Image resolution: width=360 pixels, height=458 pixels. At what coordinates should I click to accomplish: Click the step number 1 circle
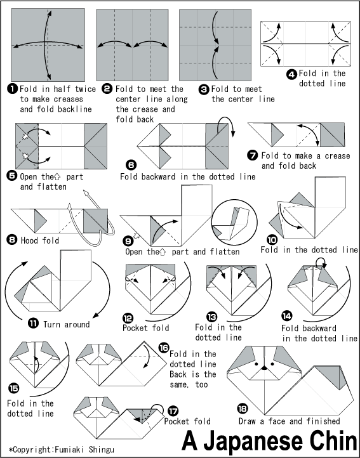[13, 89]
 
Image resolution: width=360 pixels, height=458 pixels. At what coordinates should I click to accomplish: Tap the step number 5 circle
[13, 176]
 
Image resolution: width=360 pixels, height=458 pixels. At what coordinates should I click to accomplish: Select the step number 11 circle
[32, 324]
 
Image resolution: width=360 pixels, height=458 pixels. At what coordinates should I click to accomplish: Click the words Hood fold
[43, 240]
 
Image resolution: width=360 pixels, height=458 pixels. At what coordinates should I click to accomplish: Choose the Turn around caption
[66, 324]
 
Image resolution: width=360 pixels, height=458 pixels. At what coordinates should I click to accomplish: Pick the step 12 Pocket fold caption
[145, 328]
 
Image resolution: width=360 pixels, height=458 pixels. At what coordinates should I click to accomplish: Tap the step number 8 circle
[13, 240]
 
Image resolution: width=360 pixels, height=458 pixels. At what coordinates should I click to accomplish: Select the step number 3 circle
[204, 89]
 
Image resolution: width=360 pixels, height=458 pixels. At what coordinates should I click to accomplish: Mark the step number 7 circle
[253, 155]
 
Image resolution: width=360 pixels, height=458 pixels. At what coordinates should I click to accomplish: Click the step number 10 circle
[271, 240]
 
